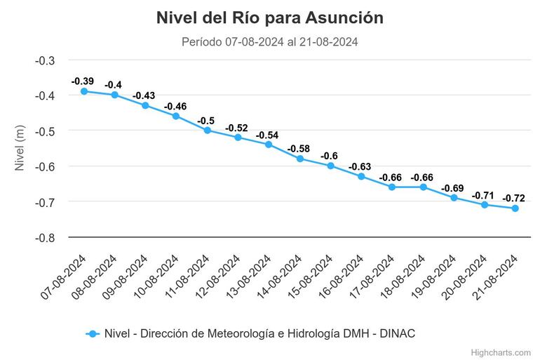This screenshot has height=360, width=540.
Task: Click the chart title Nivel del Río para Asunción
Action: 270,18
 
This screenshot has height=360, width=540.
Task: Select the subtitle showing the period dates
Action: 270,42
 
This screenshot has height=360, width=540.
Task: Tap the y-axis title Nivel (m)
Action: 20,148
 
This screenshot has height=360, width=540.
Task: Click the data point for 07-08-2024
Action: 84,91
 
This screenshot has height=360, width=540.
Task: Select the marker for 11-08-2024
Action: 208,130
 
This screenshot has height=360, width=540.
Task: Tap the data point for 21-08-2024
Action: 515,208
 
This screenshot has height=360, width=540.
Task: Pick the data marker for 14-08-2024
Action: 300,159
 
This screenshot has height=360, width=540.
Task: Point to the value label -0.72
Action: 514,199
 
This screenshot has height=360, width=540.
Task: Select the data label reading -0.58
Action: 299,149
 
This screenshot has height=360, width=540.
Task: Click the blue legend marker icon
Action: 91,334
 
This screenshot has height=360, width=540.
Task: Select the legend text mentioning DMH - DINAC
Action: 259,334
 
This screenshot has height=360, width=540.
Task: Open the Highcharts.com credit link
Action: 501,352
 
